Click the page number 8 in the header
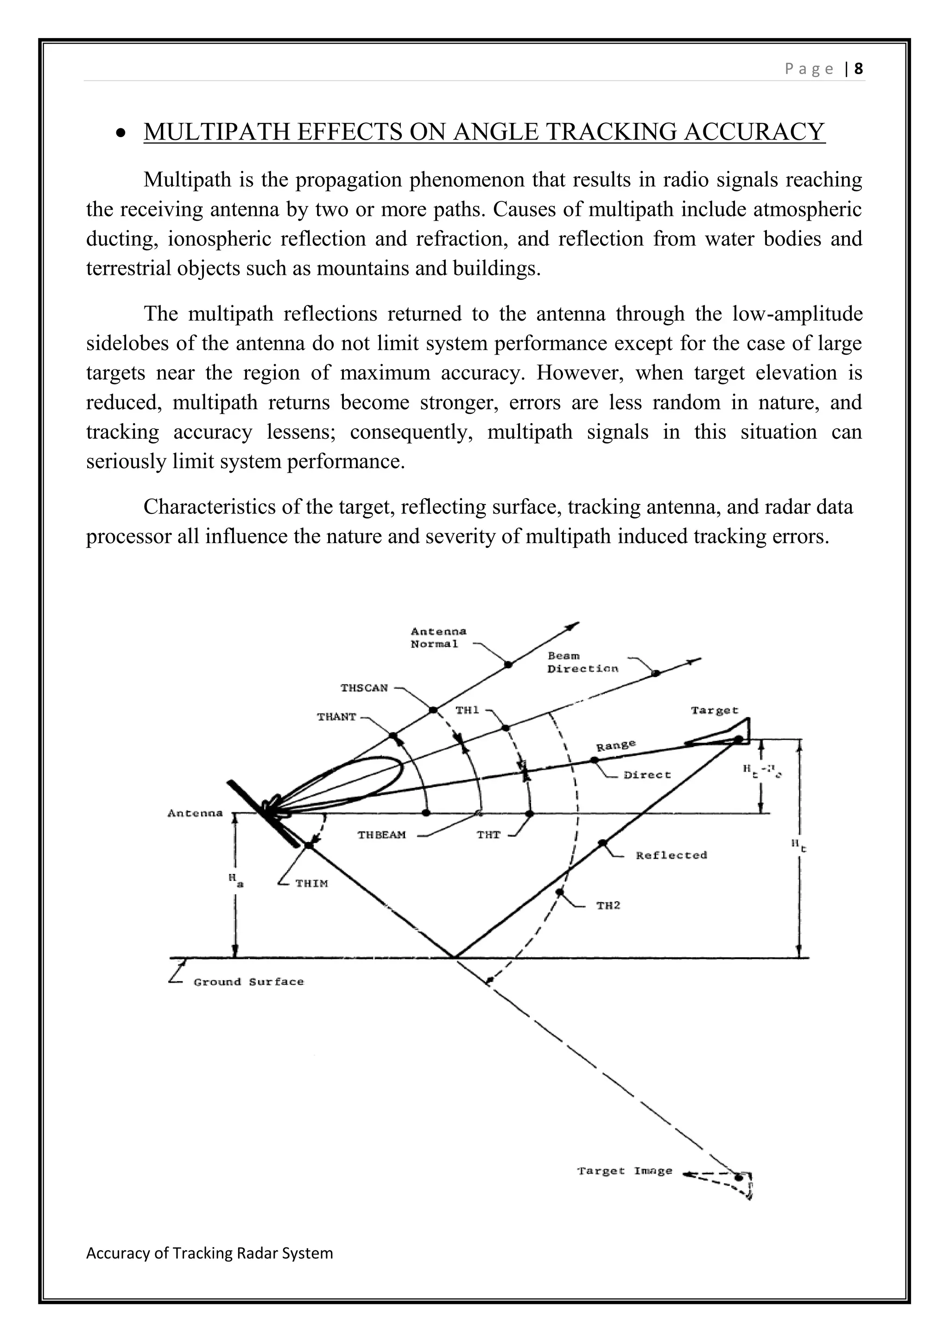tap(859, 69)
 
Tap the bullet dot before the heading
tap(121, 134)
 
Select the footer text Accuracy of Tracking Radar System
tap(209, 1253)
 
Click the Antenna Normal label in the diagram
tap(438, 638)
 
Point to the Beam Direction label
tap(582, 662)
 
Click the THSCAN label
tap(364, 688)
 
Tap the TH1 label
tap(467, 710)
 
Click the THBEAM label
tap(381, 835)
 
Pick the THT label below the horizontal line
tap(488, 835)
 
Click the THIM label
tap(311, 884)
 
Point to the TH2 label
tap(608, 906)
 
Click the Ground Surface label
tap(248, 982)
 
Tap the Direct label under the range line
tap(647, 775)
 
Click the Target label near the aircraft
tap(714, 711)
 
